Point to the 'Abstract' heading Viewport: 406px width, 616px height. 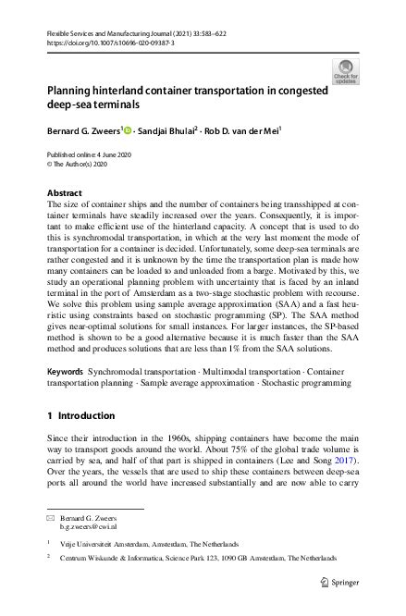[64, 193]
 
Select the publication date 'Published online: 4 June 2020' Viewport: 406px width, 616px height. [92, 154]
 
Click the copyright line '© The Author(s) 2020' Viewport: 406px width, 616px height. [77, 166]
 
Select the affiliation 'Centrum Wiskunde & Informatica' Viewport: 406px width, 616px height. [119, 559]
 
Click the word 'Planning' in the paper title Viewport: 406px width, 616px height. [73, 92]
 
